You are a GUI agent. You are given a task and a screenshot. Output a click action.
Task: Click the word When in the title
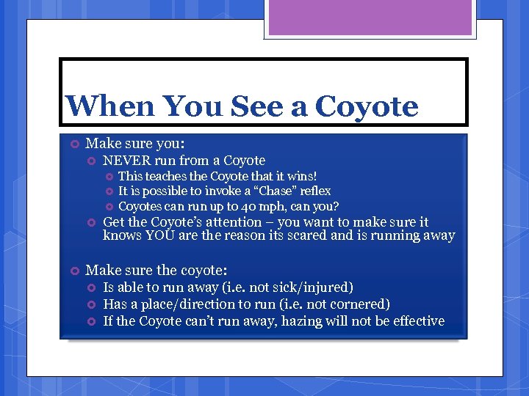(x=109, y=106)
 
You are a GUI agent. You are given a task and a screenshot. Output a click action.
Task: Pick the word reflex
(x=312, y=191)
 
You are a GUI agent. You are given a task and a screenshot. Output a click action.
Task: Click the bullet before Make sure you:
(x=74, y=144)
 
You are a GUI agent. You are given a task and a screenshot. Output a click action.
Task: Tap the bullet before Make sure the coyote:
(x=74, y=271)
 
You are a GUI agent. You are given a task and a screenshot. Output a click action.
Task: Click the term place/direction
(x=186, y=304)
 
